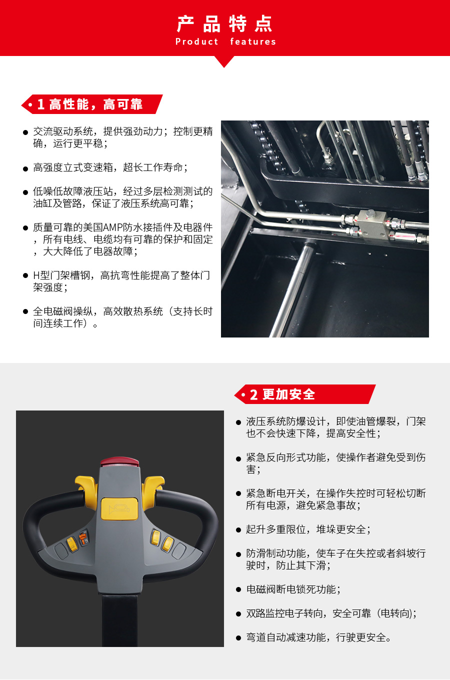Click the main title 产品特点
[x=224, y=23]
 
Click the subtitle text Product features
[x=225, y=42]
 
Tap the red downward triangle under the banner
[x=224, y=61]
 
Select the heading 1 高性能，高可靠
[x=90, y=104]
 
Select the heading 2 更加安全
[x=282, y=394]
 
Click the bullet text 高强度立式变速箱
[x=110, y=167]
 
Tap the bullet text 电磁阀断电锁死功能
[x=293, y=589]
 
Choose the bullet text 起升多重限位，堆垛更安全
[x=308, y=529]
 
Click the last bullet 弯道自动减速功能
[x=318, y=637]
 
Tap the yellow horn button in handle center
[x=119, y=508]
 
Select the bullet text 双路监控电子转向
[x=330, y=613]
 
